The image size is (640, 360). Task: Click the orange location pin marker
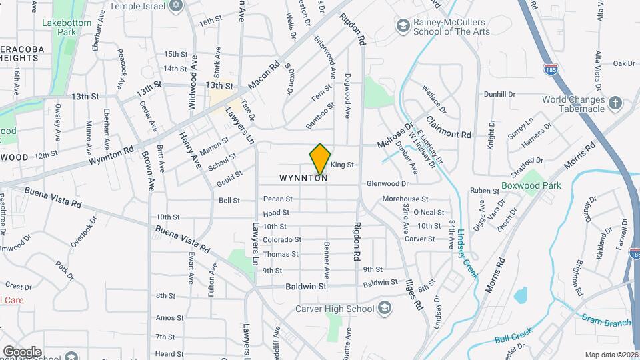(320, 160)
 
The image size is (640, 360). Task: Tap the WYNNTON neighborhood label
(303, 179)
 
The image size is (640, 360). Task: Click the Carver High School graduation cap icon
(384, 308)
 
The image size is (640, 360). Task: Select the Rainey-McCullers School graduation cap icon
(403, 26)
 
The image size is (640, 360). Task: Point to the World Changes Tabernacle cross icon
(615, 104)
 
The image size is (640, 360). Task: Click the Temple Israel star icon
(176, 6)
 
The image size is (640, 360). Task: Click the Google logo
(22, 351)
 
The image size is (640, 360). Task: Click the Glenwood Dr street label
(387, 183)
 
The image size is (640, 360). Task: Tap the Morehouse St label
(405, 199)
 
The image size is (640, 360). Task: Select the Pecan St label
(278, 199)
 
